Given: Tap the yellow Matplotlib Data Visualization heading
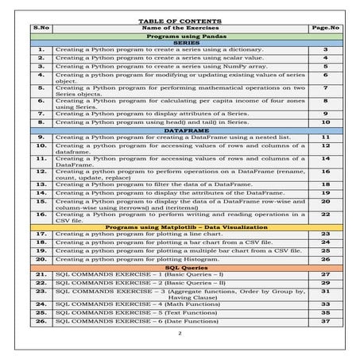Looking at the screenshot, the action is [x=180, y=226].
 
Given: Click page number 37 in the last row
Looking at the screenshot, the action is [x=325, y=320].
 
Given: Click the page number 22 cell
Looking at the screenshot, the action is [x=325, y=215].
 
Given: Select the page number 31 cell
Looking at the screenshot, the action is [x=325, y=292].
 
